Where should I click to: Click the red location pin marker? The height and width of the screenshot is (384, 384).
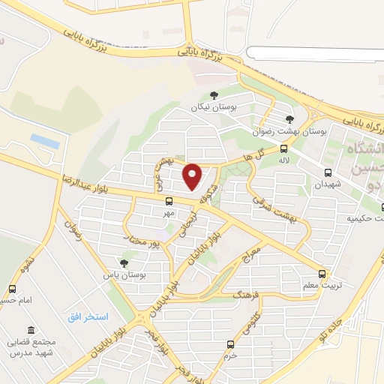[193, 176]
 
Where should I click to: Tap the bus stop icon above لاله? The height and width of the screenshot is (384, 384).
[283, 148]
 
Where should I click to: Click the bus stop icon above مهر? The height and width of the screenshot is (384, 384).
[169, 201]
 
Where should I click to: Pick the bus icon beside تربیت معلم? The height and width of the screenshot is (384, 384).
[322, 274]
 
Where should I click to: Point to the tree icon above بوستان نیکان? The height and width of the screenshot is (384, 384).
[214, 95]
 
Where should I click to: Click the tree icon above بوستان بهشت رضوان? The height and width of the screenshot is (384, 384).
[290, 118]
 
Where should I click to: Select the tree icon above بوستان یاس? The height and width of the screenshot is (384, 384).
[123, 262]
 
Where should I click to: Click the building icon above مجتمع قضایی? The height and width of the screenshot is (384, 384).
[30, 331]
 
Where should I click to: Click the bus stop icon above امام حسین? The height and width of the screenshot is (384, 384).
[12, 289]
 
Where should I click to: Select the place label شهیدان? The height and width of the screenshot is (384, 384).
[328, 184]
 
